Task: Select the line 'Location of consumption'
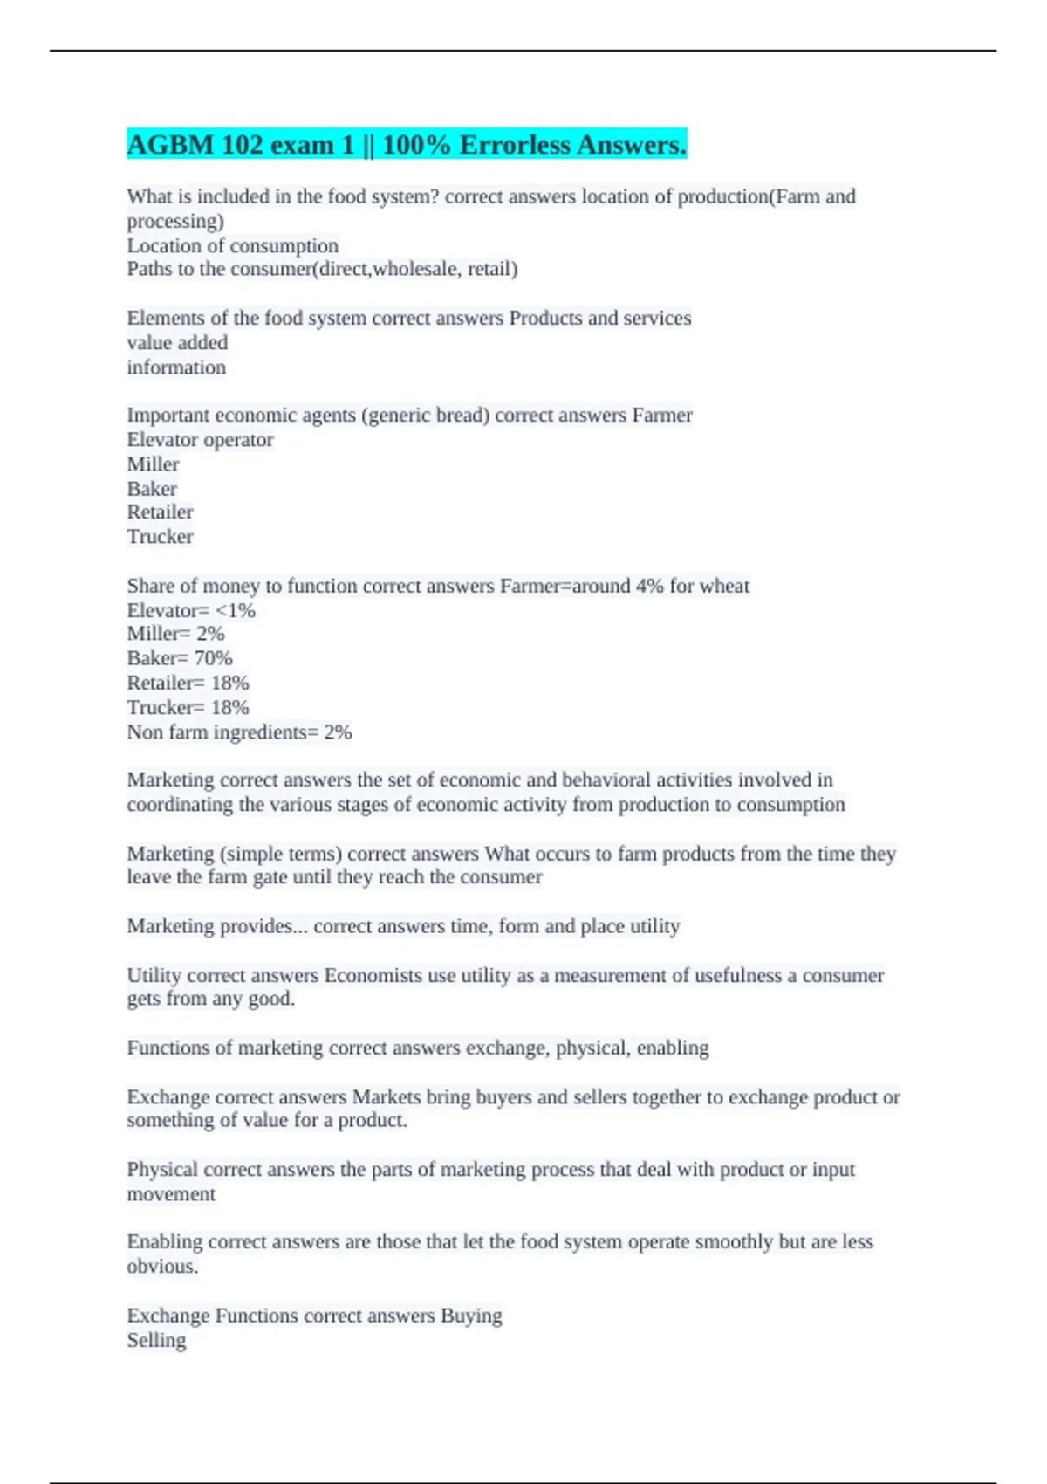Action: pos(232,245)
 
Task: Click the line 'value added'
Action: pos(177,342)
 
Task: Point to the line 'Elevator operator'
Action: pos(200,440)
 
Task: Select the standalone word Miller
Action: pos(153,464)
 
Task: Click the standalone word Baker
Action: pos(152,489)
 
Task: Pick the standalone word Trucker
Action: pos(160,537)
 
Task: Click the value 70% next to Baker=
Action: pos(213,658)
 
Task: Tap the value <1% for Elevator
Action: pos(235,610)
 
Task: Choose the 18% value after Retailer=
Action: pos(229,683)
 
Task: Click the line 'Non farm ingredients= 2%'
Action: pos(239,732)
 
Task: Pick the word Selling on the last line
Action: pos(156,1340)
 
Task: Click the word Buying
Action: pos(471,1316)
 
